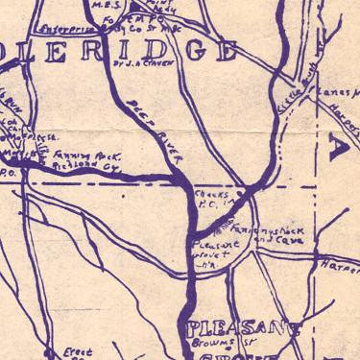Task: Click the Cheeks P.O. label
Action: click(x=208, y=198)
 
